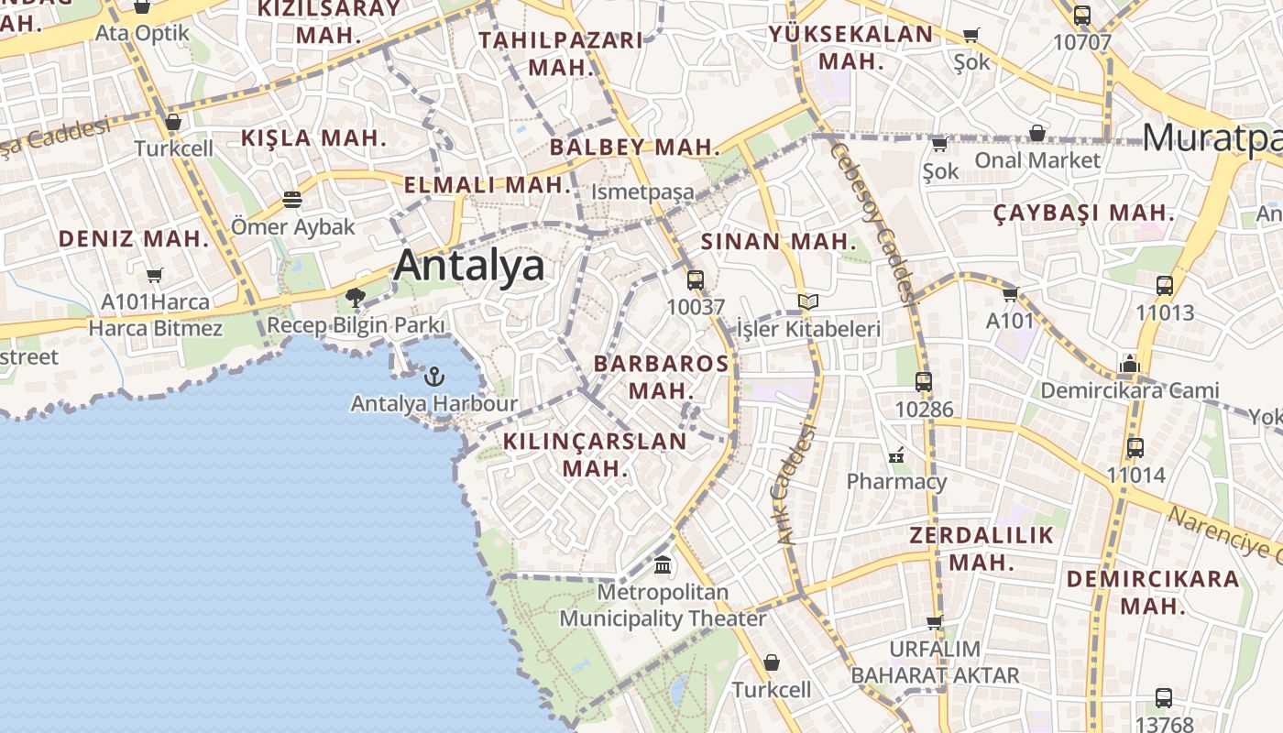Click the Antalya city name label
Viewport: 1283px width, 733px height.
(468, 266)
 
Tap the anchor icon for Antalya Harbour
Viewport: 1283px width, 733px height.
(434, 376)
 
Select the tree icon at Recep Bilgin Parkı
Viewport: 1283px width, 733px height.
(356, 298)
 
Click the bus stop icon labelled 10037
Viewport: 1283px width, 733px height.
(696, 280)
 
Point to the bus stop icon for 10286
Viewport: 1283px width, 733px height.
(924, 382)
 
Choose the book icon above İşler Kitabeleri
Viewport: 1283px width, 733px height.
(807, 301)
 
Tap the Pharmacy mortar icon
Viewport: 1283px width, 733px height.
(896, 454)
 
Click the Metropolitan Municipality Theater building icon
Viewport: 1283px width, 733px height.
(663, 564)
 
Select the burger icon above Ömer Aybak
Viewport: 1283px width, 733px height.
(292, 199)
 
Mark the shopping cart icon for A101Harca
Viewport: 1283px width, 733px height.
(155, 275)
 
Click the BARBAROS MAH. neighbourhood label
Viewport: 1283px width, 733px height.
(661, 377)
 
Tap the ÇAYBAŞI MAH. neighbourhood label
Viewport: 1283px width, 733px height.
(1084, 213)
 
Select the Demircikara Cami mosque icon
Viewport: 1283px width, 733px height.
(1129, 364)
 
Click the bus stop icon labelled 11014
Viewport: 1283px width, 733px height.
(1135, 448)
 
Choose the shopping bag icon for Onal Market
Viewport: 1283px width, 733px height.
(1037, 133)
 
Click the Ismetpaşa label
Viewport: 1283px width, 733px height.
(642, 192)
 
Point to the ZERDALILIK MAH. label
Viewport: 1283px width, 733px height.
(981, 548)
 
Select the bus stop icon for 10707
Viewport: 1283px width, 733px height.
(1082, 16)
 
